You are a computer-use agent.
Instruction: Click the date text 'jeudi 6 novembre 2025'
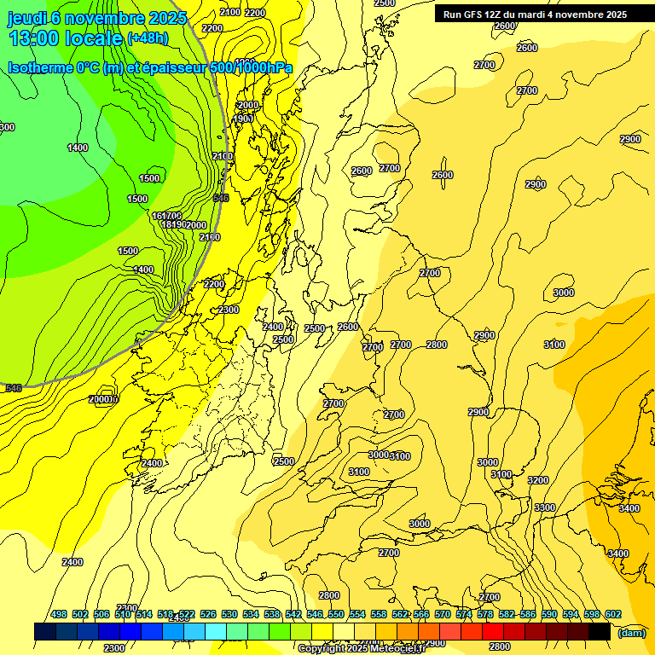(97, 18)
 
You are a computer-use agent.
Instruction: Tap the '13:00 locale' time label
(65, 38)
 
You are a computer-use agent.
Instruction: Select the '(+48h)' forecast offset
(148, 38)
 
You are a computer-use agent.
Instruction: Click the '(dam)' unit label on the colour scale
(631, 632)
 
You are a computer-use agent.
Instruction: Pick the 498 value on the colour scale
(59, 614)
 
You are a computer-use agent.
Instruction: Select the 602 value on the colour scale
(612, 614)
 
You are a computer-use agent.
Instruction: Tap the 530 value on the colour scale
(229, 614)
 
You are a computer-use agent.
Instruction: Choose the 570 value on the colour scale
(442, 614)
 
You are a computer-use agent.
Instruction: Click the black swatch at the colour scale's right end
(600, 631)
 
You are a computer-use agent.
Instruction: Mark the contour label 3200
(538, 480)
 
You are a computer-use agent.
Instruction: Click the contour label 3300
(544, 507)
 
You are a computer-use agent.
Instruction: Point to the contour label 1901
(243, 119)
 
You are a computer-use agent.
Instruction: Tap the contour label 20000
(103, 399)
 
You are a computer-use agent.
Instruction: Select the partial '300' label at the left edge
(7, 127)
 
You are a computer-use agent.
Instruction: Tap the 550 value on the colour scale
(335, 614)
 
